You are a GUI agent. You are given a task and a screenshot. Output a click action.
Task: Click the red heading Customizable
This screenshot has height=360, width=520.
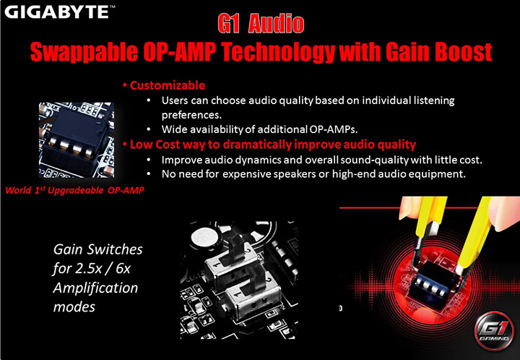pyautogui.click(x=165, y=85)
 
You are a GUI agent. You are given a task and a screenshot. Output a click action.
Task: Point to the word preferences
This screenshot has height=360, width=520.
pyautogui.click(x=192, y=114)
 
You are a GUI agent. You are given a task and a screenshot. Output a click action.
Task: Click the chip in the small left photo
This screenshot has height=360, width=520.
pyautogui.click(x=71, y=135)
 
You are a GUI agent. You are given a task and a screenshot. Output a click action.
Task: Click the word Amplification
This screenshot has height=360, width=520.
pyautogui.click(x=95, y=287)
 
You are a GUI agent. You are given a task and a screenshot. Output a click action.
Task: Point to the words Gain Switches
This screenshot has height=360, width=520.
pyautogui.click(x=97, y=250)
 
